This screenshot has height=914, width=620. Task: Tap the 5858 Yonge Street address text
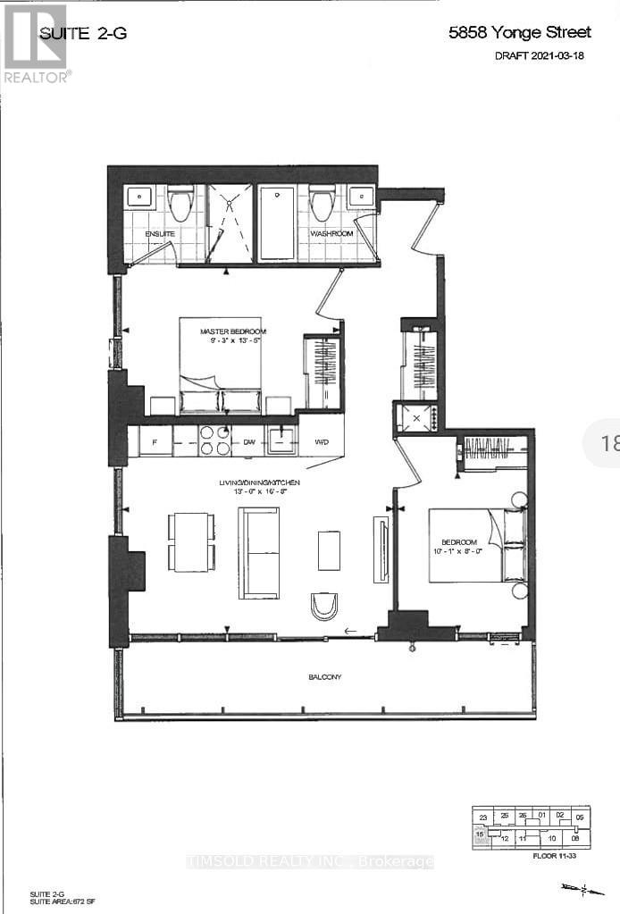[519, 33]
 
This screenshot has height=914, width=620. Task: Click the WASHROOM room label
[331, 233]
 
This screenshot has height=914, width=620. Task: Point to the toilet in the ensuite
[181, 205]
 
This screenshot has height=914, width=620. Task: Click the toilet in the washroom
[322, 205]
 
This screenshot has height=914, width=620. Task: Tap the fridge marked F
[155, 441]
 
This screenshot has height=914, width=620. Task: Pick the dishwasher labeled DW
[247, 441]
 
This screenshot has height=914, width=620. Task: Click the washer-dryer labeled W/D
[322, 441]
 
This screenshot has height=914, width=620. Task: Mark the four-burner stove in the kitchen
[214, 440]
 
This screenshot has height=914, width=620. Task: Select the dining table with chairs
[191, 542]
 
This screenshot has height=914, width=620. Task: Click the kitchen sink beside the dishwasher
[281, 440]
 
